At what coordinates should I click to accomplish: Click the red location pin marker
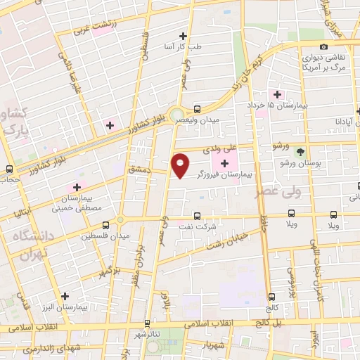[x=181, y=165]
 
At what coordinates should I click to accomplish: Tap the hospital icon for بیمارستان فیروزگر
[x=224, y=163]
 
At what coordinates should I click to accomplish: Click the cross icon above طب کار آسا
[x=184, y=36]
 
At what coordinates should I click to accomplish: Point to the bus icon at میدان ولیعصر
[x=197, y=109]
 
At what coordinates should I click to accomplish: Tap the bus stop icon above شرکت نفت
[x=196, y=217]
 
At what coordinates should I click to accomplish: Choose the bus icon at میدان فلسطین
[x=105, y=225]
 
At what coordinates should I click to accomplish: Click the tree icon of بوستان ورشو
[x=301, y=152]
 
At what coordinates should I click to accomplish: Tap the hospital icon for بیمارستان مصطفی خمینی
[x=75, y=188]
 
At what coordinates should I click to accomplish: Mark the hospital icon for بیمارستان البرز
[x=65, y=297]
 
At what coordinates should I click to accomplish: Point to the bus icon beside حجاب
[x=9, y=169]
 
